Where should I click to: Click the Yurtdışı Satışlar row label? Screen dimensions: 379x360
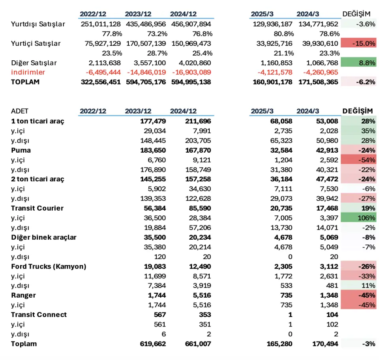tap(38, 24)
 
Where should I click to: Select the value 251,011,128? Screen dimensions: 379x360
tap(101, 24)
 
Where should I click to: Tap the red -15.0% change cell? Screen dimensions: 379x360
tap(358, 43)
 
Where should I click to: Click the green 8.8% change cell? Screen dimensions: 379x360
tap(358, 63)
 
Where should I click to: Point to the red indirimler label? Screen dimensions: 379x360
tap(28, 72)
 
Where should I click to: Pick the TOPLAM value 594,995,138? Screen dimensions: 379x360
tap(191, 82)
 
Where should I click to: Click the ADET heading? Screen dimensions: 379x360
tap(20, 111)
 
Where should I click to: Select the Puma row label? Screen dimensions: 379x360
tap(21, 150)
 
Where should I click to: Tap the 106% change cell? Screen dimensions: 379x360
tap(358, 218)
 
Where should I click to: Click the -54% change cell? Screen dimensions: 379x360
tap(358, 160)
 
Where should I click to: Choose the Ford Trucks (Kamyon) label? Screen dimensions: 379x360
tap(49, 266)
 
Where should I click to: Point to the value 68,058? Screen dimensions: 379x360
tap(281, 121)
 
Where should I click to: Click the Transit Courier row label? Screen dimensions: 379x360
tap(37, 208)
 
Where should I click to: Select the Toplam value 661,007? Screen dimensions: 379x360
tap(198, 344)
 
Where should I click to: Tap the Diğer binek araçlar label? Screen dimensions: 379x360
tap(44, 237)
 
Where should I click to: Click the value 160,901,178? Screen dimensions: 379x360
tap(272, 82)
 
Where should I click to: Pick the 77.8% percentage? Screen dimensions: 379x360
tap(112, 34)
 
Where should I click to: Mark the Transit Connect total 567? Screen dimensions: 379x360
tap(160, 315)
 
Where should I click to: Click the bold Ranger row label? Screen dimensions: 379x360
tap(23, 295)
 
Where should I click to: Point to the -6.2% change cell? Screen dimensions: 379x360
tap(358, 82)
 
